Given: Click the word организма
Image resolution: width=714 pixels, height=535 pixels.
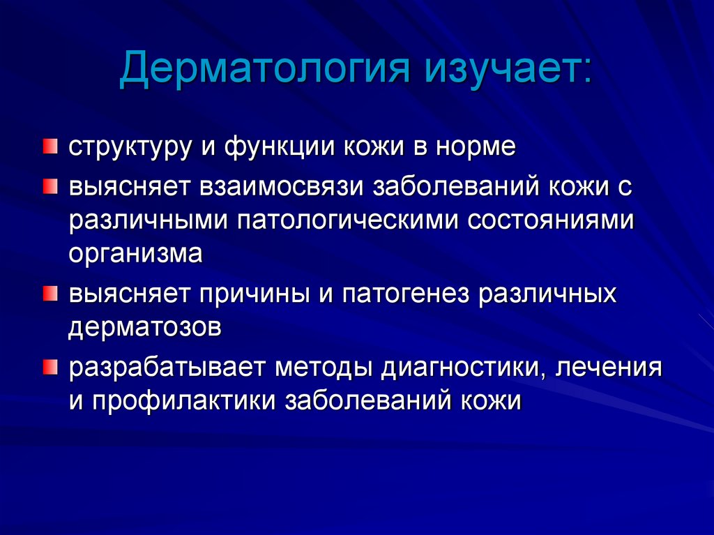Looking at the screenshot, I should pyautogui.click(x=135, y=254).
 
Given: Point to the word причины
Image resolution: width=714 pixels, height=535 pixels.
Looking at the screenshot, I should pyautogui.click(x=257, y=294).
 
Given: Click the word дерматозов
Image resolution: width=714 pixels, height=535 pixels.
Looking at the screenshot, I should pyautogui.click(x=144, y=327).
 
